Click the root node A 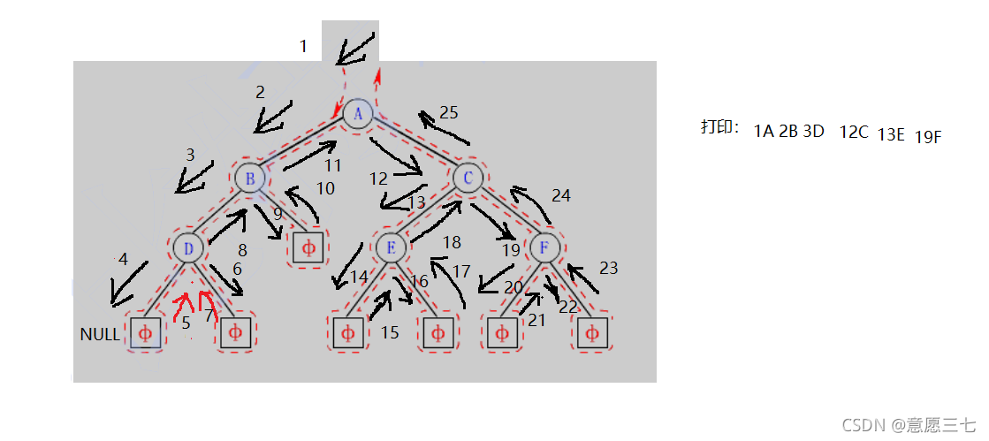[358, 113]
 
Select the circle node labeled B [250, 179]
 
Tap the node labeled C [467, 179]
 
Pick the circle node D [188, 247]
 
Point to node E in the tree [390, 247]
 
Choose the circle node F [545, 247]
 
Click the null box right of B [308, 247]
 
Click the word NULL [99, 334]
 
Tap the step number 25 [448, 112]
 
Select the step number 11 [332, 164]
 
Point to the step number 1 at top [303, 46]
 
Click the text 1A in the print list [764, 132]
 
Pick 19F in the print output [928, 137]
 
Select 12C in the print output [854, 132]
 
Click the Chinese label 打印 [719, 127]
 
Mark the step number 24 [561, 195]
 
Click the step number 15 [390, 332]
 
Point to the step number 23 [608, 268]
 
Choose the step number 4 [123, 259]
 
